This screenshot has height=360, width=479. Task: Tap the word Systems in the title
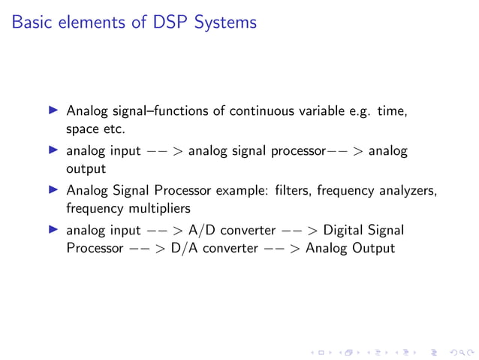pyautogui.click(x=224, y=23)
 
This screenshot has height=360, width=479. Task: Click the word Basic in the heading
pyautogui.click(x=32, y=23)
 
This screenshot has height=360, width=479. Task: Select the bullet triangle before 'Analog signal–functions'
pyautogui.click(x=53, y=111)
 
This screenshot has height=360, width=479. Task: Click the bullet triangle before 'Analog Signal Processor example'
pyautogui.click(x=53, y=190)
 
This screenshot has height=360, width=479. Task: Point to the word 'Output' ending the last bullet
pyautogui.click(x=371, y=247)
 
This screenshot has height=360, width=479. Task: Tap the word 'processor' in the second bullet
pyautogui.click(x=295, y=151)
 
